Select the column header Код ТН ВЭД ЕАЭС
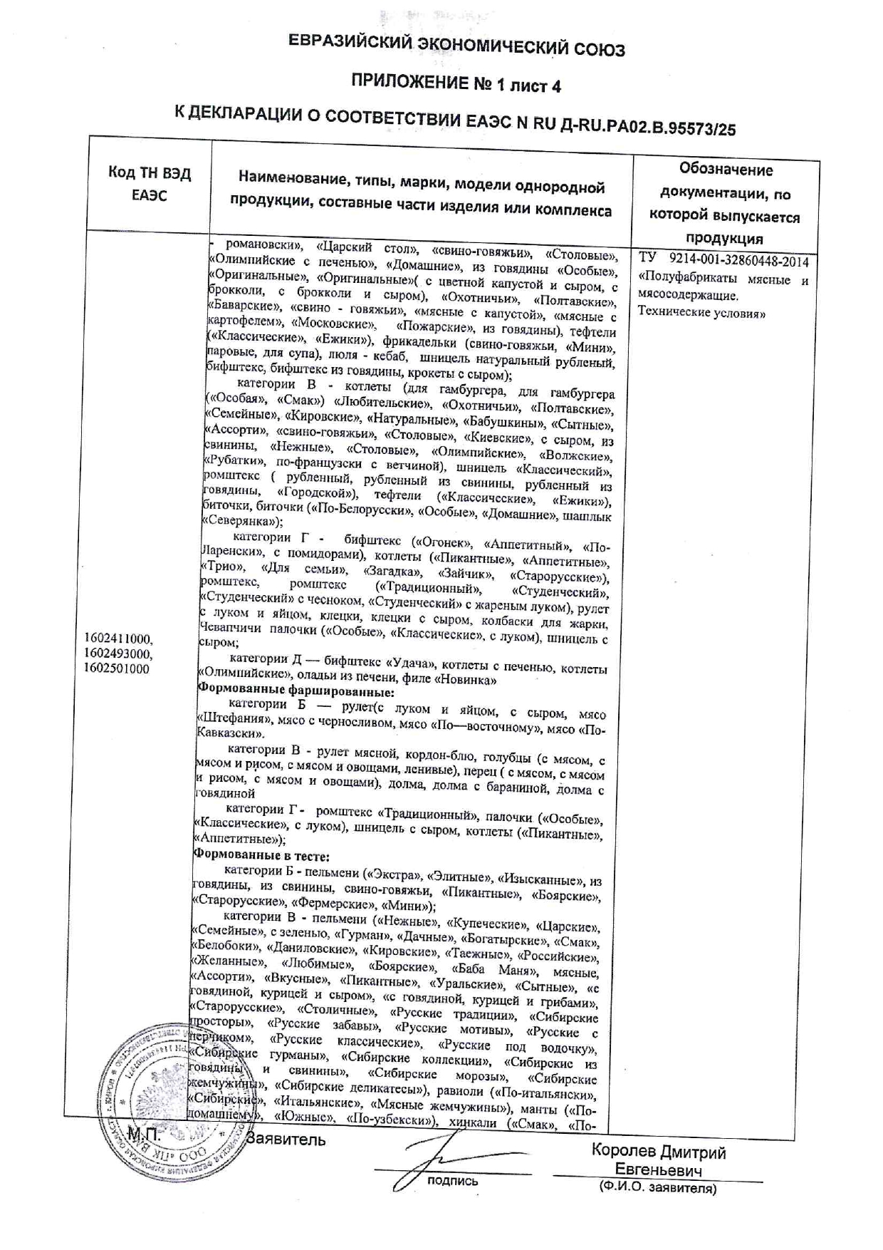[x=150, y=184]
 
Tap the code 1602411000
[x=117, y=639]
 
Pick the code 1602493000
[x=117, y=654]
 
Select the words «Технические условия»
[x=701, y=312]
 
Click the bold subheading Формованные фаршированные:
[x=296, y=691]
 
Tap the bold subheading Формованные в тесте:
[x=262, y=856]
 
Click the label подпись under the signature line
[x=452, y=1182]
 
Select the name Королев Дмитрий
[x=658, y=1152]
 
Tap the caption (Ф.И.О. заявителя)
[x=657, y=1188]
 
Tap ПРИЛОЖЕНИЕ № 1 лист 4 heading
[x=456, y=86]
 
